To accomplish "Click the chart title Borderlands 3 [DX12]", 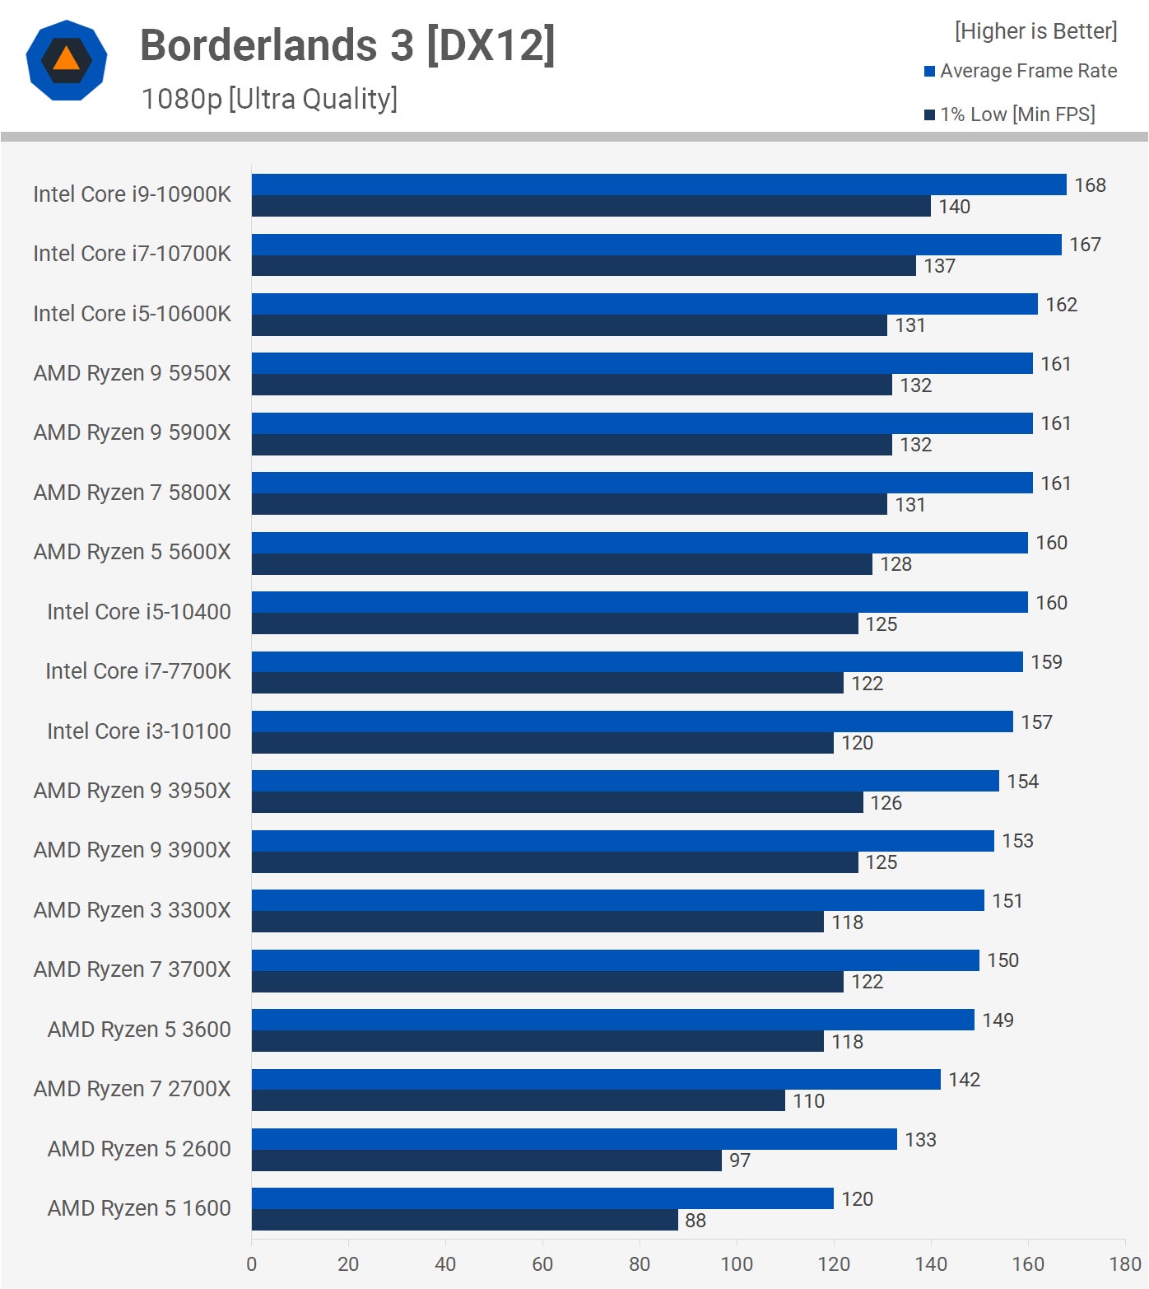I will [x=347, y=44].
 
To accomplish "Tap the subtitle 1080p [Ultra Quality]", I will [x=269, y=99].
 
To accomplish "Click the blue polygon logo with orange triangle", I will [x=67, y=60].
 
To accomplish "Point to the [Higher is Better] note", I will [x=1035, y=31].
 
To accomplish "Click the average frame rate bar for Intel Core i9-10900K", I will [x=658, y=184].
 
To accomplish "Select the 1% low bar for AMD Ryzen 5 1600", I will [x=464, y=1220].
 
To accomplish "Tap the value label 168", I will [x=1090, y=185].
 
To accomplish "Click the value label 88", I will [x=695, y=1221].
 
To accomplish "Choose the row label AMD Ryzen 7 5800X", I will [x=132, y=493].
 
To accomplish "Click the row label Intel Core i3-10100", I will [x=138, y=731].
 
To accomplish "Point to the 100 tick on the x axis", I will [x=737, y=1264].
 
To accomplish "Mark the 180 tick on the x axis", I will [x=1124, y=1264].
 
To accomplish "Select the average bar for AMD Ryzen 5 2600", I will [x=574, y=1139].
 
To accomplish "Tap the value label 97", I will [x=740, y=1161].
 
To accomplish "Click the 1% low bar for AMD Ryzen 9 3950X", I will [x=557, y=802].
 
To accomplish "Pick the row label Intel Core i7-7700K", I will [x=137, y=671].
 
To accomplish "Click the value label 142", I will [x=964, y=1080].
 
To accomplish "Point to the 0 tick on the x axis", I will [x=252, y=1264].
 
